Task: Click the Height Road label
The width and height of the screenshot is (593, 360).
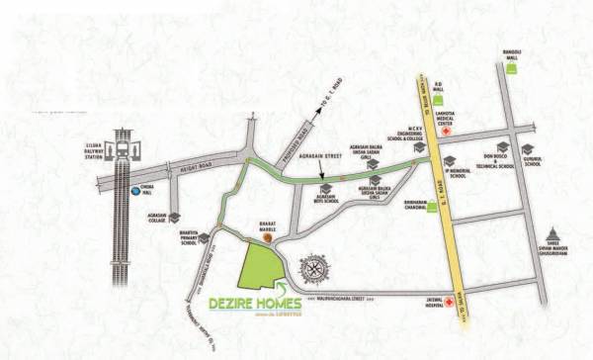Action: [191, 165]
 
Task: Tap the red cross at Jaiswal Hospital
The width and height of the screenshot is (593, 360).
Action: [450, 300]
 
